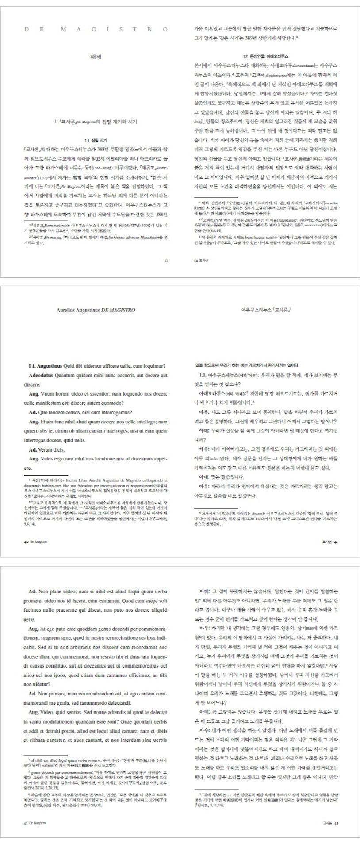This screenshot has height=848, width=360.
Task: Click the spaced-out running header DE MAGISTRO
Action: point(96,29)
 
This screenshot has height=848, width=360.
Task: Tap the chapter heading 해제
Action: point(96,57)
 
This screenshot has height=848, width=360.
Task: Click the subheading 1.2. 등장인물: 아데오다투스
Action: point(265,57)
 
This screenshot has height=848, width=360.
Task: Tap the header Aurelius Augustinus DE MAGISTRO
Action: point(96,310)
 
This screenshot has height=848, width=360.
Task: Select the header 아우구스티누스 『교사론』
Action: point(266,310)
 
